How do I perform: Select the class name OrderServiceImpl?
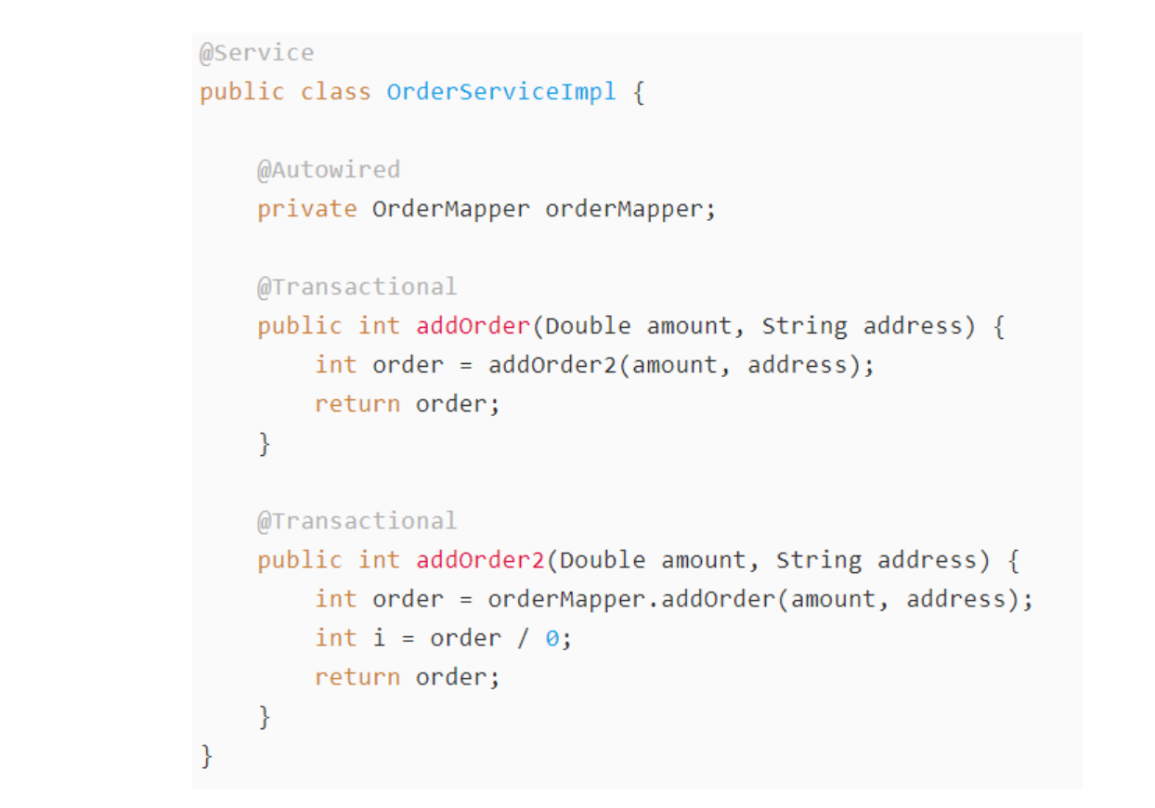click(501, 92)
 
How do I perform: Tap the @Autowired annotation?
click(329, 170)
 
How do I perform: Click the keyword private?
click(307, 209)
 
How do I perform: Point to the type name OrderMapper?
click(451, 209)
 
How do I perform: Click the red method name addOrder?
click(473, 326)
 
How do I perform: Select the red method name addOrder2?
click(480, 560)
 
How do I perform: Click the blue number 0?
click(552, 638)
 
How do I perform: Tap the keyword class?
click(336, 92)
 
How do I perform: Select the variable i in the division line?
click(379, 638)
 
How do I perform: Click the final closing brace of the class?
click(207, 755)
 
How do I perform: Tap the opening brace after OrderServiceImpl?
click(639, 92)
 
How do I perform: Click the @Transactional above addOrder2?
click(357, 521)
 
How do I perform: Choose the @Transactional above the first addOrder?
click(357, 287)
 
